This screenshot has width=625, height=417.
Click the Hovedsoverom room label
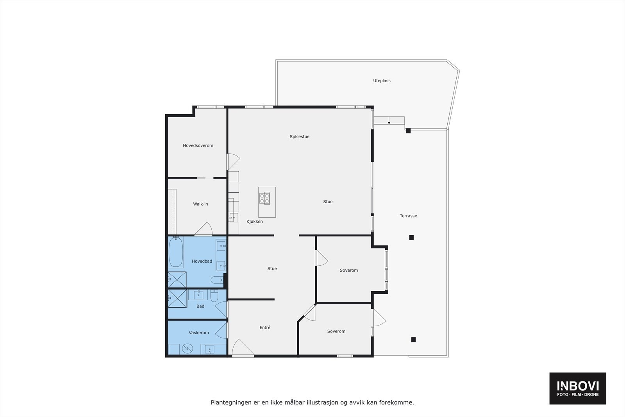tap(198, 146)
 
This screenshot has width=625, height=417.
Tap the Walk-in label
tap(200, 204)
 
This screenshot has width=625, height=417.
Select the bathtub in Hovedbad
tap(176, 252)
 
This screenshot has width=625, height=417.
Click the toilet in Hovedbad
tap(216, 280)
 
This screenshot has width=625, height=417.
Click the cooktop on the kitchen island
tap(264, 199)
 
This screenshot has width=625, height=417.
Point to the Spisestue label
tap(300, 137)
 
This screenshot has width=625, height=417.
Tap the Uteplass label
tap(382, 81)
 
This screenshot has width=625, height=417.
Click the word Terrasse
tap(408, 216)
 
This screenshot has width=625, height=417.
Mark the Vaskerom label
tap(199, 333)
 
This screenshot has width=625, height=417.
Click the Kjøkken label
tap(255, 222)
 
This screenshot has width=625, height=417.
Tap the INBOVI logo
tap(578, 388)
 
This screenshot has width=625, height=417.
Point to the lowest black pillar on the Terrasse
tap(413, 340)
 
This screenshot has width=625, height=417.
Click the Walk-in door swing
tap(204, 229)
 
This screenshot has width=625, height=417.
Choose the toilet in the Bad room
tap(214, 296)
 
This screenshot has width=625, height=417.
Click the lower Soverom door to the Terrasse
tap(378, 318)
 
